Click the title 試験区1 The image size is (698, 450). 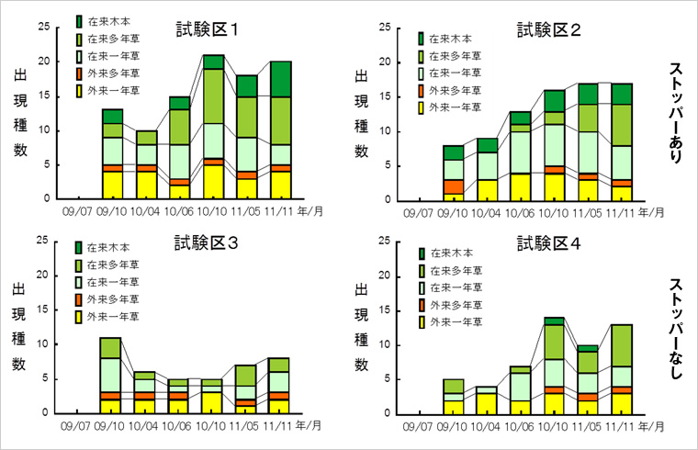pos(208,29)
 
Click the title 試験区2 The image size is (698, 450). pos(548,29)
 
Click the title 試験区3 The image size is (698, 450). pos(208,243)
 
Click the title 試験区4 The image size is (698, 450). pos(548,243)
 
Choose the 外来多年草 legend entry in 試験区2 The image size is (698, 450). pos(449,91)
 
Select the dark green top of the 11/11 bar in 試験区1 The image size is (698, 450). pos(281,79)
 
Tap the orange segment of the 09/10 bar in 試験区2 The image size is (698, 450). pos(452,186)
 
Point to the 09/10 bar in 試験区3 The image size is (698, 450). pos(110,375)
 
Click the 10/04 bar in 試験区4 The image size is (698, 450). pos(486,399)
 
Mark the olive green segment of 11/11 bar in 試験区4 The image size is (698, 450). pos(621,345)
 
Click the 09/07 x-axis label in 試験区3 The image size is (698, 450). pos(77,426)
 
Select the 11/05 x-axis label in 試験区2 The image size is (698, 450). pos(588,213)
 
